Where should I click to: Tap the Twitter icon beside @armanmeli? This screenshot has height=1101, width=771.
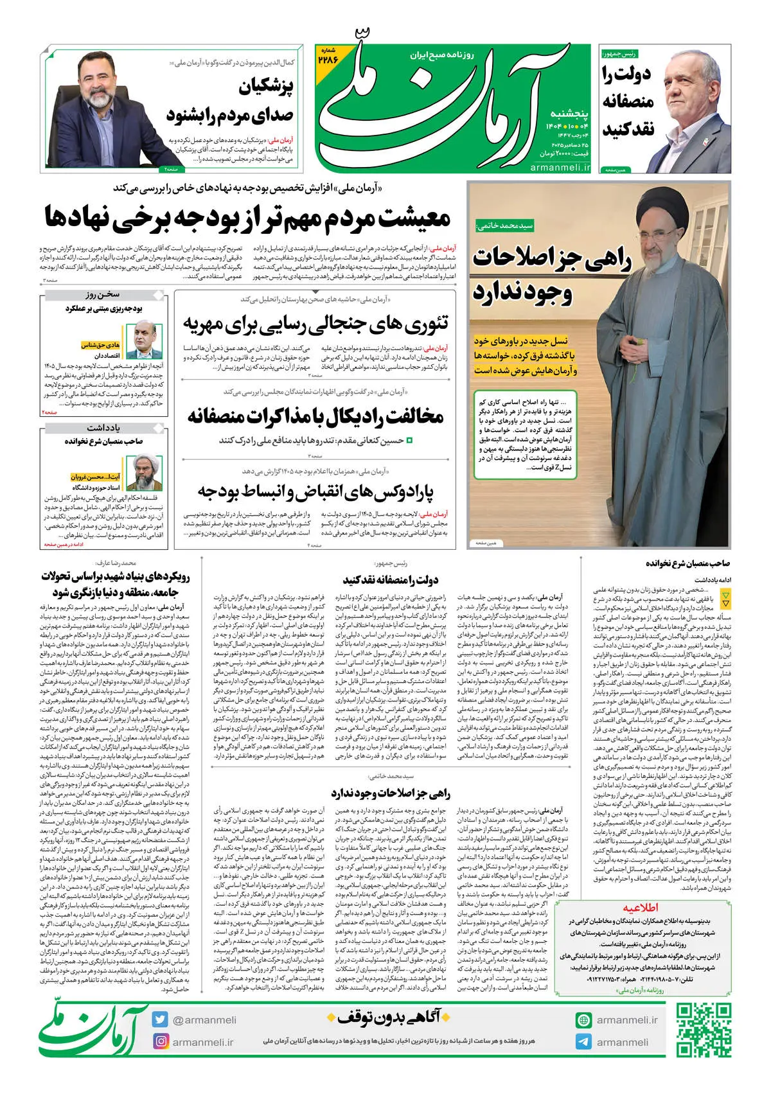[160, 1019]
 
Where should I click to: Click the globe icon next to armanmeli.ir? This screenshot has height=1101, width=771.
[583, 1019]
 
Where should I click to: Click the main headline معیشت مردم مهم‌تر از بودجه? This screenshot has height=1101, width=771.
[247, 217]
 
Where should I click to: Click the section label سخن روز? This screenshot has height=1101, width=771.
[103, 294]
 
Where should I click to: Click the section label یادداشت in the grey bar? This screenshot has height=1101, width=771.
[103, 428]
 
